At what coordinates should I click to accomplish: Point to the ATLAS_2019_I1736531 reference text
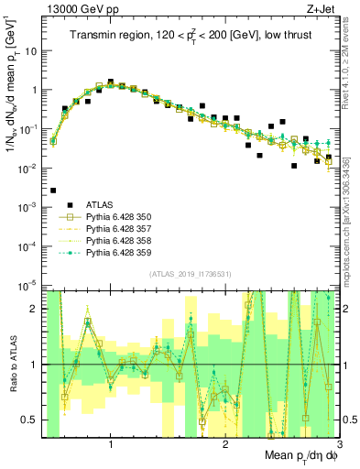click(190, 274)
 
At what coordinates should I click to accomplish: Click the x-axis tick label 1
click(111, 445)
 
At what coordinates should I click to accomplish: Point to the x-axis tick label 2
click(225, 445)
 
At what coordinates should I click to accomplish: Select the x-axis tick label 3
click(337, 445)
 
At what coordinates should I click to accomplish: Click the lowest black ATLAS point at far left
click(53, 191)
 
